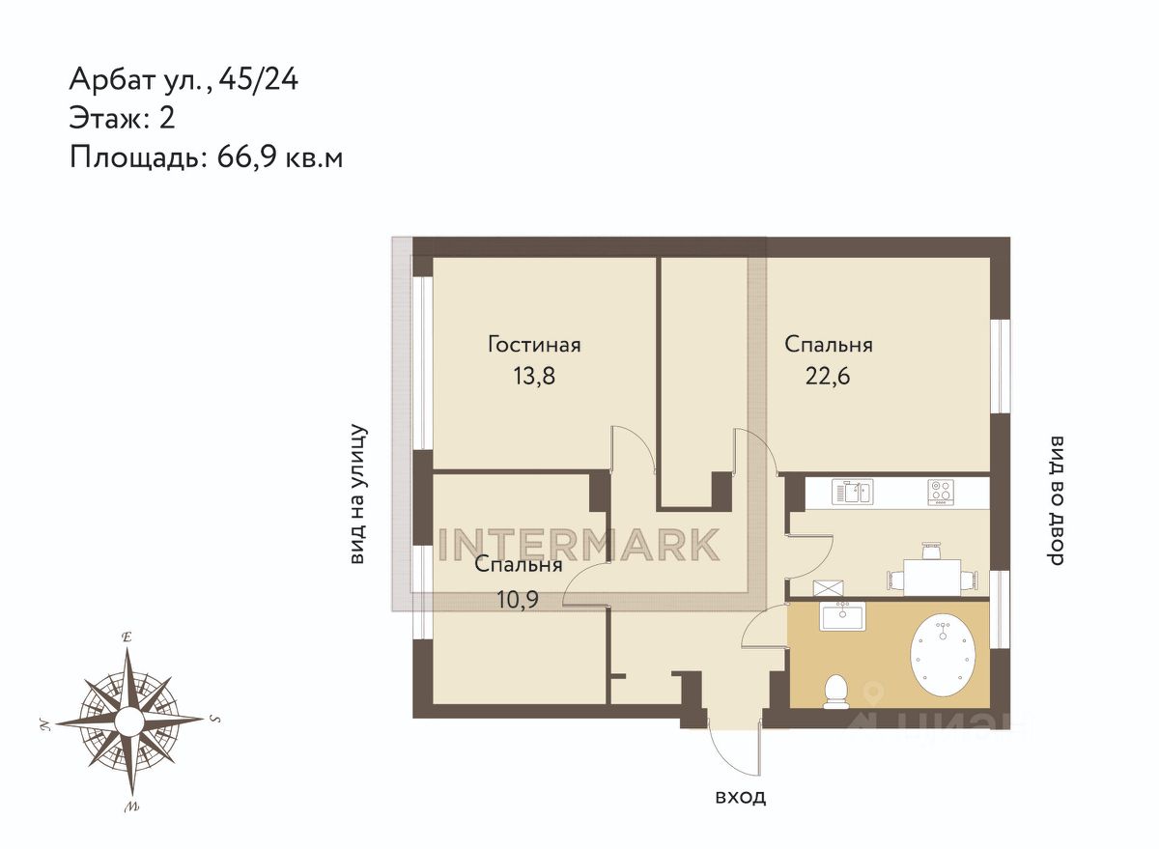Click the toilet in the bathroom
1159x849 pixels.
tap(835, 692)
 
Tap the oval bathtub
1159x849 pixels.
tap(944, 655)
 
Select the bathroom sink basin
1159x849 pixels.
tap(842, 616)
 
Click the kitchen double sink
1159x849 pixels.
tap(852, 492)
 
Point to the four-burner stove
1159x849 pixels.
tap(941, 492)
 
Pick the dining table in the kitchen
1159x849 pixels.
tap(932, 577)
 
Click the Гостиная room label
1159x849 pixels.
tap(534, 345)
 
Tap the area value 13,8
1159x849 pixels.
tap(534, 376)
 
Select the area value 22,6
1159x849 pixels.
tap(828, 376)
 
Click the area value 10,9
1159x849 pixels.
tap(518, 600)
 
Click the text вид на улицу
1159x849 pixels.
tap(358, 495)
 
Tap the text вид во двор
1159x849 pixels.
tap(1056, 501)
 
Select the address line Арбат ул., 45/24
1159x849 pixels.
tap(184, 80)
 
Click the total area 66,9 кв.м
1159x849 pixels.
tap(280, 156)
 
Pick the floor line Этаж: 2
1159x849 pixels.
tap(122, 118)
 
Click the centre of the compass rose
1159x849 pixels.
tap(128, 721)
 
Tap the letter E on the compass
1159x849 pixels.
tap(126, 637)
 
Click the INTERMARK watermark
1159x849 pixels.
tap(579, 545)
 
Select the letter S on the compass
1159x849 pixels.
tap(215, 719)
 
